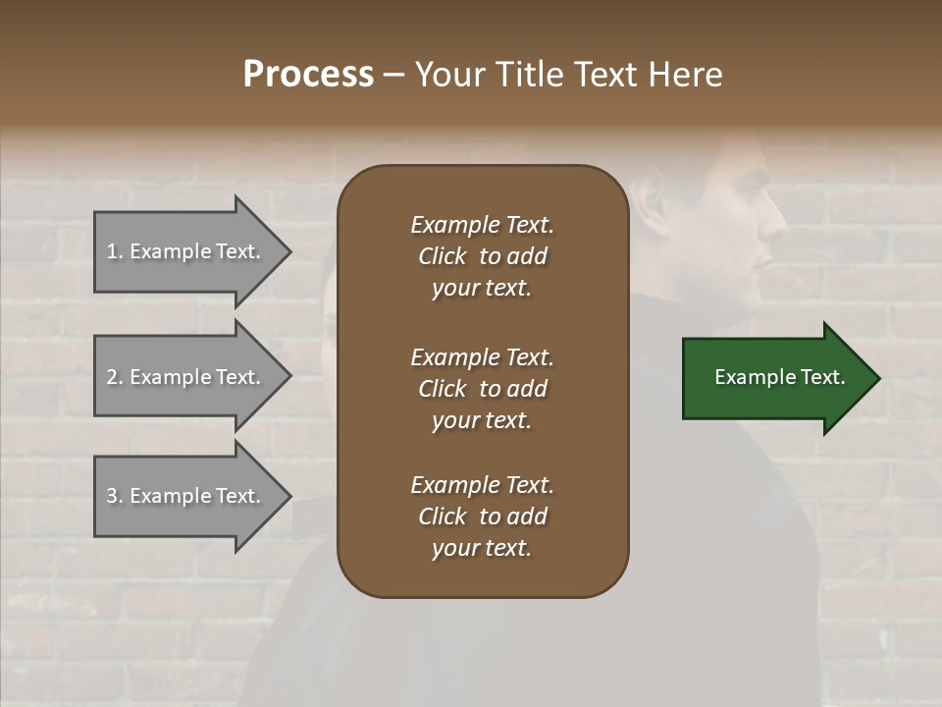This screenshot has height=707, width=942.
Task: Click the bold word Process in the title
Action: pyautogui.click(x=308, y=75)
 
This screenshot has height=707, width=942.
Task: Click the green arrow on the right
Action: pyautogui.click(x=775, y=378)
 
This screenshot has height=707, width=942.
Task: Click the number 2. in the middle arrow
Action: pyautogui.click(x=115, y=377)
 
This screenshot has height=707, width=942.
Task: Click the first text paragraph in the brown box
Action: pyautogui.click(x=482, y=256)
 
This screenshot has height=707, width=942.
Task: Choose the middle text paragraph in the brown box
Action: pyautogui.click(x=482, y=389)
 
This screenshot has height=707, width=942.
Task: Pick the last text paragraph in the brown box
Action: pyautogui.click(x=482, y=517)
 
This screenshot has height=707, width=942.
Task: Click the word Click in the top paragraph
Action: pyautogui.click(x=442, y=256)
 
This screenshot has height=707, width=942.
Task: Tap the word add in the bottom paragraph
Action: pyautogui.click(x=527, y=517)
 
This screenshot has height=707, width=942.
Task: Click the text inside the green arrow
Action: pyautogui.click(x=779, y=377)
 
